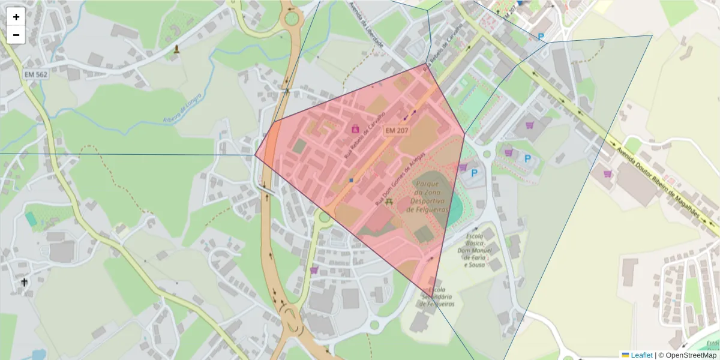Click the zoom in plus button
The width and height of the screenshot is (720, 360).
pos(16,17)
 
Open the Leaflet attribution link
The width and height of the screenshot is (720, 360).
pos(641,355)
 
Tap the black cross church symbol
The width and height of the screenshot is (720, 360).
pos(25,281)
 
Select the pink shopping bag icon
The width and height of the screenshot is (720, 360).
pos(355,128)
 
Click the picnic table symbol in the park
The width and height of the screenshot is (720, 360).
pos(389,202)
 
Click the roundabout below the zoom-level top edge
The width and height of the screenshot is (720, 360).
pos(292,18)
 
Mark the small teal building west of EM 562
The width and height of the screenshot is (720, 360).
pos(31,219)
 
